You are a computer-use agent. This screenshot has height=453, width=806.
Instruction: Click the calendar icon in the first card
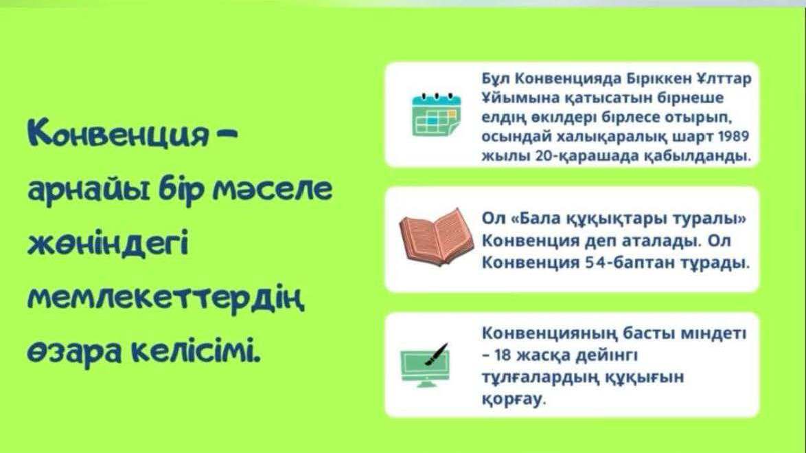[437, 114]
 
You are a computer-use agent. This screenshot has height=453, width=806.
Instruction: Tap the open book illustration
[437, 237]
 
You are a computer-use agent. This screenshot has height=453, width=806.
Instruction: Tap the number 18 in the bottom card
[503, 355]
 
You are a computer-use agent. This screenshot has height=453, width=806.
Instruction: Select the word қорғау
[513, 399]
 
